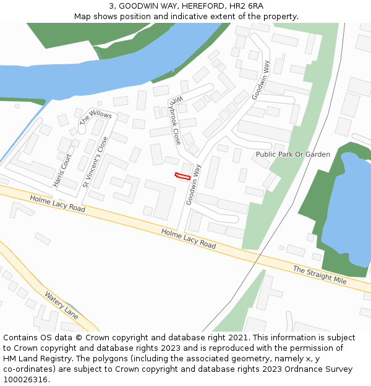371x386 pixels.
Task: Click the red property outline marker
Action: pos(182,176)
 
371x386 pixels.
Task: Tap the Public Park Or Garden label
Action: pos(293,154)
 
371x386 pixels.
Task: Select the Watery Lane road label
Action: pos(61,305)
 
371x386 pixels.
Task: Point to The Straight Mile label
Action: pos(320,275)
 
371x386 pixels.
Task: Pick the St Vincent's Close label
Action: pos(95,162)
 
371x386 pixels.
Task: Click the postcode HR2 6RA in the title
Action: pos(247,6)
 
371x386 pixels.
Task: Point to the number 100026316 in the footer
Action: pos(27,380)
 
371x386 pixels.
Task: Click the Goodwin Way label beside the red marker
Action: pos(193,184)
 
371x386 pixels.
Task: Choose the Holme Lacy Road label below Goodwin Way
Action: pos(189,238)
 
